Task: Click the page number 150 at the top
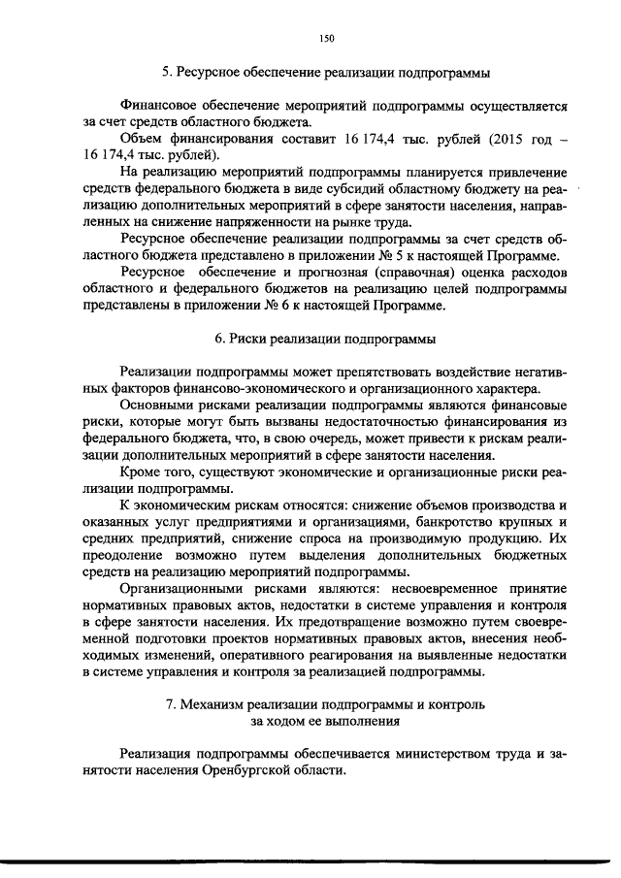coord(326,38)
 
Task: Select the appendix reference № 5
coord(389,255)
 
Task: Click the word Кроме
coord(141,472)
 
